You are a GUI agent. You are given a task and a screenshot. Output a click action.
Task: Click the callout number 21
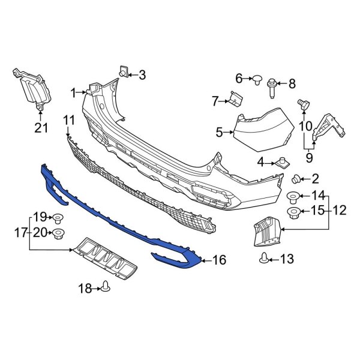click(40, 127)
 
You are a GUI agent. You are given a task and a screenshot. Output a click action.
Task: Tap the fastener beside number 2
click(296, 178)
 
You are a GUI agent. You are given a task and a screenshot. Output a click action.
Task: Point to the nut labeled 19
click(58, 217)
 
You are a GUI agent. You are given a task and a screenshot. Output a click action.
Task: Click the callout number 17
click(19, 231)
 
